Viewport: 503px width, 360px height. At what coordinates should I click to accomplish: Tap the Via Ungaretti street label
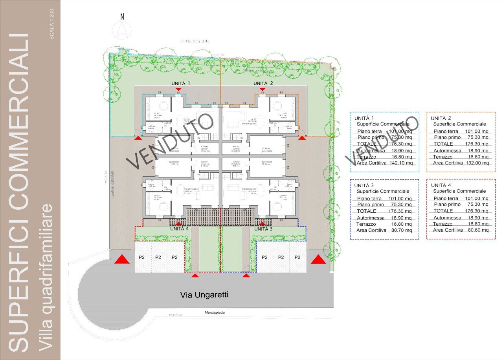click(x=204, y=294)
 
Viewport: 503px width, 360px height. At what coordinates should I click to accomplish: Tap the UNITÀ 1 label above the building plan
click(x=181, y=83)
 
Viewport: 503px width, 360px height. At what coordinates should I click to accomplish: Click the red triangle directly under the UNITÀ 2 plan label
click(x=262, y=90)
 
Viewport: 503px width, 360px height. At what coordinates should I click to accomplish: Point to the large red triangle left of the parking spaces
click(x=122, y=259)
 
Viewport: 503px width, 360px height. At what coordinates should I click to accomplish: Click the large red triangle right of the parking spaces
click(x=318, y=259)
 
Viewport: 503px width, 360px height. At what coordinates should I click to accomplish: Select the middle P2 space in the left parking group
click(x=158, y=258)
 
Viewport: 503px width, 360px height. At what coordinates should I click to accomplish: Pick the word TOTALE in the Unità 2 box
click(x=443, y=144)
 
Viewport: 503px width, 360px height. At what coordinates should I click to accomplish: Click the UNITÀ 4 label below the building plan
click(x=179, y=228)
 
